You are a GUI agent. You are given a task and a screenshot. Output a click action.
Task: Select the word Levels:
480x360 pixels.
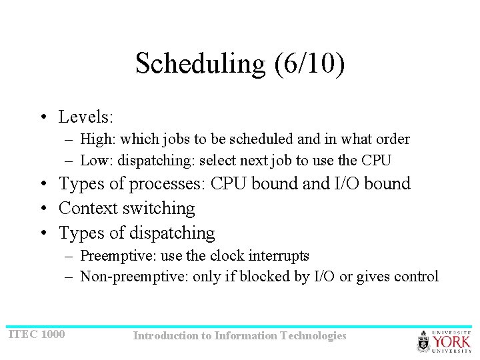[87, 117]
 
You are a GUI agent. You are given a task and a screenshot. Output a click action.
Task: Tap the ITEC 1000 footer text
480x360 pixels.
[37, 333]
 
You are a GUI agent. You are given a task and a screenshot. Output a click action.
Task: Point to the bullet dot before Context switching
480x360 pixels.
[43, 209]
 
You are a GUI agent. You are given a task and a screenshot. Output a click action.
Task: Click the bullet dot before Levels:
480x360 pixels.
[43, 118]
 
